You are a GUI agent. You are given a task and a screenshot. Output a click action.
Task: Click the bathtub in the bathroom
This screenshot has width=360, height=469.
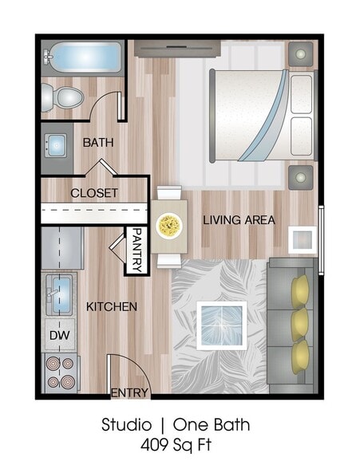pyautogui.click(x=82, y=59)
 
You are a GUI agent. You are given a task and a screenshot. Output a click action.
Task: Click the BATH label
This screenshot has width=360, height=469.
pyautogui.click(x=98, y=143)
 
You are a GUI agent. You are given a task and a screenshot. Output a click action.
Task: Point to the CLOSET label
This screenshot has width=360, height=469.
pyautogui.click(x=94, y=193)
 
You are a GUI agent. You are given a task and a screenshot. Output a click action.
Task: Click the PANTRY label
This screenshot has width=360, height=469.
pyautogui.click(x=136, y=250)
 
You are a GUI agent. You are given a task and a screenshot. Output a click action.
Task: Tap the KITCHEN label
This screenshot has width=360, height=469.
pyautogui.click(x=112, y=306)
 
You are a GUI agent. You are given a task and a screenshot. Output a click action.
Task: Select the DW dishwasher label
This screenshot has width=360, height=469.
pyautogui.click(x=59, y=336)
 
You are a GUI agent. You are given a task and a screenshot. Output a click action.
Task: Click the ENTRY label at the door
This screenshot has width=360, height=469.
pyautogui.click(x=129, y=392)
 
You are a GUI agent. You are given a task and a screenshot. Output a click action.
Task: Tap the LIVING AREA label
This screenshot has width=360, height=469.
pyautogui.click(x=239, y=219)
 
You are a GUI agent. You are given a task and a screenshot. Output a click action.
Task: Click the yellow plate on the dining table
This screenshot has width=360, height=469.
pyautogui.click(x=168, y=226)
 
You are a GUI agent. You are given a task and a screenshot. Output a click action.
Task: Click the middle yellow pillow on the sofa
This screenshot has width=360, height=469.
pyautogui.click(x=301, y=322)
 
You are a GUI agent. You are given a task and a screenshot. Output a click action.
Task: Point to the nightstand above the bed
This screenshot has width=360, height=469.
pyautogui.click(x=302, y=54)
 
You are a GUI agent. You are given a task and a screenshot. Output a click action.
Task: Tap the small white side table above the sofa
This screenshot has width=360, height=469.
pyautogui.click(x=302, y=238)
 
